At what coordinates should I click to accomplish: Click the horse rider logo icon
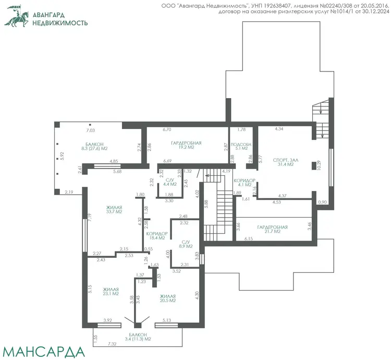click(x=16, y=17)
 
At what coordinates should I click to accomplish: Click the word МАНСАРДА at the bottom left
click(x=43, y=352)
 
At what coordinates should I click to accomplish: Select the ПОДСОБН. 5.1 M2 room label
click(x=241, y=146)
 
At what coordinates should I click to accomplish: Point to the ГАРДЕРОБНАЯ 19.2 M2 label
click(x=186, y=145)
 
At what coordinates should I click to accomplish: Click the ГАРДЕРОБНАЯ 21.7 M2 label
click(x=272, y=229)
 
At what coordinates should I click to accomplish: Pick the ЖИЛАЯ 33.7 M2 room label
click(x=114, y=210)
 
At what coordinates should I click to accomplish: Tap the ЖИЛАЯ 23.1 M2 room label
click(x=111, y=292)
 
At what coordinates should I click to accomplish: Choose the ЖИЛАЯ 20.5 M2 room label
click(x=167, y=298)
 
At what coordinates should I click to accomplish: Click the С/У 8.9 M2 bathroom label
click(x=186, y=244)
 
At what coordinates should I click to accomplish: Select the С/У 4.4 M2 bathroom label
click(x=170, y=182)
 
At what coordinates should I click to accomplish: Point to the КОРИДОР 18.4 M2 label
click(x=157, y=236)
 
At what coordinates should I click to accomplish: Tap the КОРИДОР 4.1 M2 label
click(x=245, y=183)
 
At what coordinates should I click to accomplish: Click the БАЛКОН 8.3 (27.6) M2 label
click(x=94, y=147)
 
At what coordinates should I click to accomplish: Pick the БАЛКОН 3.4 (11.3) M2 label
click(x=138, y=337)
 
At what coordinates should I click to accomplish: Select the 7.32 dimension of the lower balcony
click(x=112, y=344)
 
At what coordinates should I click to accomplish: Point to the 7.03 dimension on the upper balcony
click(x=90, y=130)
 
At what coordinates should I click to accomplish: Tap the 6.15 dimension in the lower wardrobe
click(x=248, y=239)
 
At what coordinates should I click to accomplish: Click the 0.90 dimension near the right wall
click(x=322, y=202)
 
